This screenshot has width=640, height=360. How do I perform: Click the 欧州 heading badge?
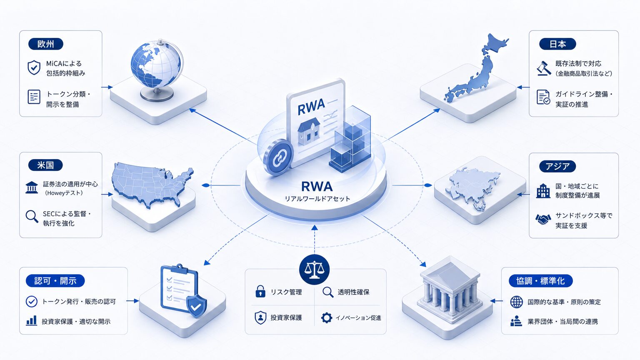point(46,44)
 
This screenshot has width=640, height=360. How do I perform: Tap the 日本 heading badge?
point(557,44)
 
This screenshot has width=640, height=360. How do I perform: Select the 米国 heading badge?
point(45,165)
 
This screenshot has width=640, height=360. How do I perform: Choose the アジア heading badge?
point(557,166)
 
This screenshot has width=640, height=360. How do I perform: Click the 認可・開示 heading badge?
point(55,281)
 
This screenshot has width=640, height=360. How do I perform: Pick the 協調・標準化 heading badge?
point(540,281)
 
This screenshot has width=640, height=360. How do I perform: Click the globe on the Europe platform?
point(157,70)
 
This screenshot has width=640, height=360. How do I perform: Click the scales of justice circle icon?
point(314,270)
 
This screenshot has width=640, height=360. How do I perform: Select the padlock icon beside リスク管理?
point(260,291)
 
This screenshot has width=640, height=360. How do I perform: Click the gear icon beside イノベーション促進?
point(327,317)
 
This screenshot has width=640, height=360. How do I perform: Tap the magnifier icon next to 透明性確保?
point(328,292)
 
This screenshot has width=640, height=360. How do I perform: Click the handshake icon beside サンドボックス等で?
point(543,220)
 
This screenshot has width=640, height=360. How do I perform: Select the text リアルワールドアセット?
point(317,199)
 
